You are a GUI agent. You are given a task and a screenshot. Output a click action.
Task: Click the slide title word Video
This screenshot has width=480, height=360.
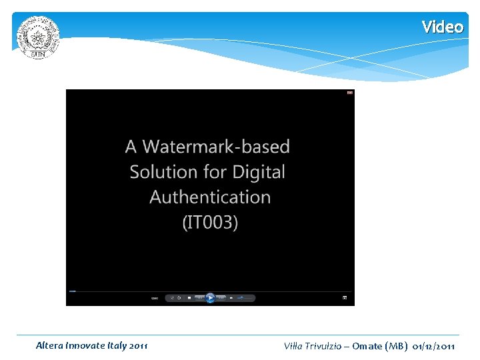click(x=442, y=27)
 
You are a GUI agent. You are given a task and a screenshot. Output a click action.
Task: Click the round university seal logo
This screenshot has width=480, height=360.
click(x=38, y=37)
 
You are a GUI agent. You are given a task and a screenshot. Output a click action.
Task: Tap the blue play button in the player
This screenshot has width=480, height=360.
click(x=210, y=298)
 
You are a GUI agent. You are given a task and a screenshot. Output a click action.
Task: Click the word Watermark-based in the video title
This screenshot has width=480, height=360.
click(x=216, y=147)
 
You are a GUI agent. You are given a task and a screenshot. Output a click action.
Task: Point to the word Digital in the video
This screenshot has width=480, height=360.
click(x=257, y=172)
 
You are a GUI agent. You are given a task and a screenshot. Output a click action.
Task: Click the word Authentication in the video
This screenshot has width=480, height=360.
click(x=210, y=197)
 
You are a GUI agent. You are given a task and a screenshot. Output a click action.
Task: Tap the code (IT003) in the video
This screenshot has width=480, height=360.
click(x=210, y=222)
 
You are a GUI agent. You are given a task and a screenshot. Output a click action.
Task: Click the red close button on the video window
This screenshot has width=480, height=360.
click(x=349, y=93)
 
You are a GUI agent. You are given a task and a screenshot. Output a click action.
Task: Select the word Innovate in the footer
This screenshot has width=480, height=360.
click(x=85, y=345)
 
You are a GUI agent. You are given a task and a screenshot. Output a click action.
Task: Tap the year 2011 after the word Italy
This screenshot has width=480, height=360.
click(x=137, y=345)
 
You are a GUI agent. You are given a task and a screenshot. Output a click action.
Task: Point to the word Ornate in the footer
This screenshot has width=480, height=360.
click(x=367, y=346)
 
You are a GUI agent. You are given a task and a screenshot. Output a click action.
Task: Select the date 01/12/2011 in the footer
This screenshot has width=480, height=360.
click(x=434, y=346)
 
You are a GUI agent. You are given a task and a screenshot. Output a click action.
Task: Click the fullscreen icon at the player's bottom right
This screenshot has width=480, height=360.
click(x=345, y=298)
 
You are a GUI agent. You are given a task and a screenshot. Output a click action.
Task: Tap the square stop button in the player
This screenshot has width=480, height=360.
click(x=189, y=298)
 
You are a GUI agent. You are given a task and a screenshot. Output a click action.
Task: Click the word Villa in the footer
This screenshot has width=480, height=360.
click(x=294, y=346)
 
